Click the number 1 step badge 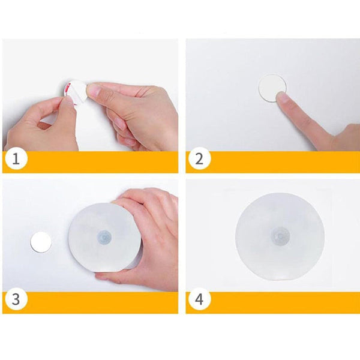coord(16,158)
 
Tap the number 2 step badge coord(199,158)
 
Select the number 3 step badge coord(16,299)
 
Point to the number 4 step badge coord(199,299)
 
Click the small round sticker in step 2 coord(273,88)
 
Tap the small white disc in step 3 coord(41,242)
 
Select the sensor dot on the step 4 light coord(280,236)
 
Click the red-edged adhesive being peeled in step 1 coord(73,93)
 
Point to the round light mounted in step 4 coord(280,237)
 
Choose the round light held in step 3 coord(104,237)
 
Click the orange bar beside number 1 coord(103,161)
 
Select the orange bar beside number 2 coord(284,161)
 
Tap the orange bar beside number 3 coord(103,302)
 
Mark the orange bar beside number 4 coord(284,302)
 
